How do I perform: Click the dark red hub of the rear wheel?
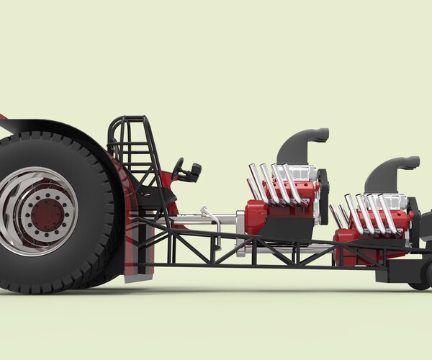[47, 213]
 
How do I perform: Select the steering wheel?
[177, 169]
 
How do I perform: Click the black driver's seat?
[155, 196]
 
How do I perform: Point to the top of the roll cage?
[130, 119]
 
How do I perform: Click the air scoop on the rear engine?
[302, 144]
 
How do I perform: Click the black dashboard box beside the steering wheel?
[192, 172]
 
